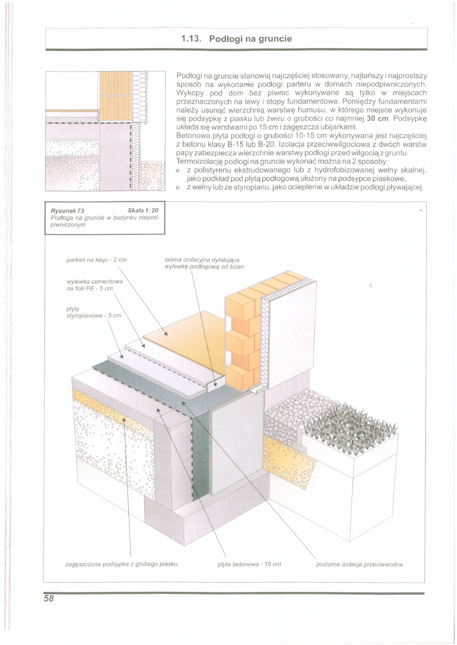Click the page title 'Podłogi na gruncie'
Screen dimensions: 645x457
251,39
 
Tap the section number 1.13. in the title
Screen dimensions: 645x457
192,39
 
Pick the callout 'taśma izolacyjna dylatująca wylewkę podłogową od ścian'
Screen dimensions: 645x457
204,263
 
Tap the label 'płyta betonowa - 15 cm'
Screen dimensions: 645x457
250,564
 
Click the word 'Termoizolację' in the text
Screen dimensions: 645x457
198,161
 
